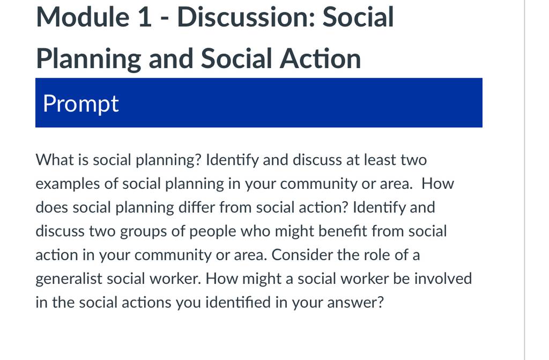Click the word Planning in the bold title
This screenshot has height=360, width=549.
pyautogui.click(x=88, y=58)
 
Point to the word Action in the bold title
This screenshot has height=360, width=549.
pyautogui.click(x=320, y=58)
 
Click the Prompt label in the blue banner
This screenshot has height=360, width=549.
pyautogui.click(x=81, y=104)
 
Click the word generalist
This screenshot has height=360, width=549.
pyautogui.click(x=69, y=279)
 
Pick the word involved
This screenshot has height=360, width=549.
pyautogui.click(x=443, y=278)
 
